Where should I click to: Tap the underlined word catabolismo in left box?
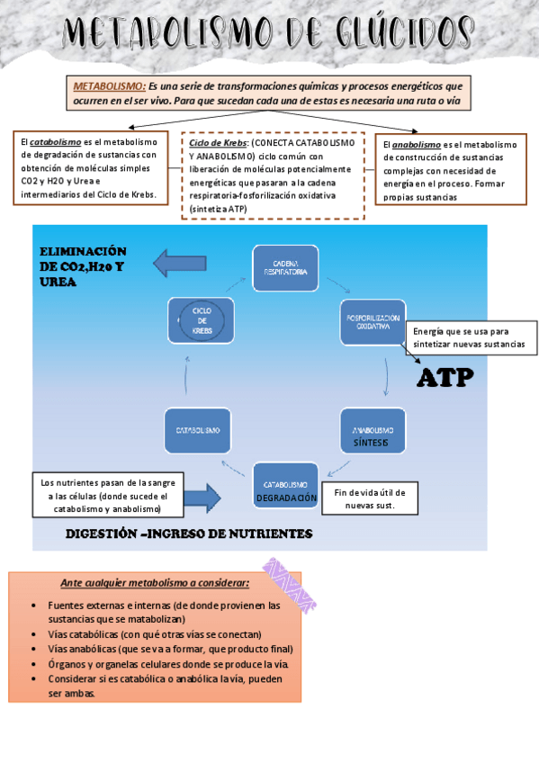52,142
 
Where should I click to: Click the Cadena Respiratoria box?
285,267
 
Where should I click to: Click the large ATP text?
445,378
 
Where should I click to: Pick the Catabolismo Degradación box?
286,489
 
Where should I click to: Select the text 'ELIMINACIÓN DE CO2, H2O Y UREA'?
83,266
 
